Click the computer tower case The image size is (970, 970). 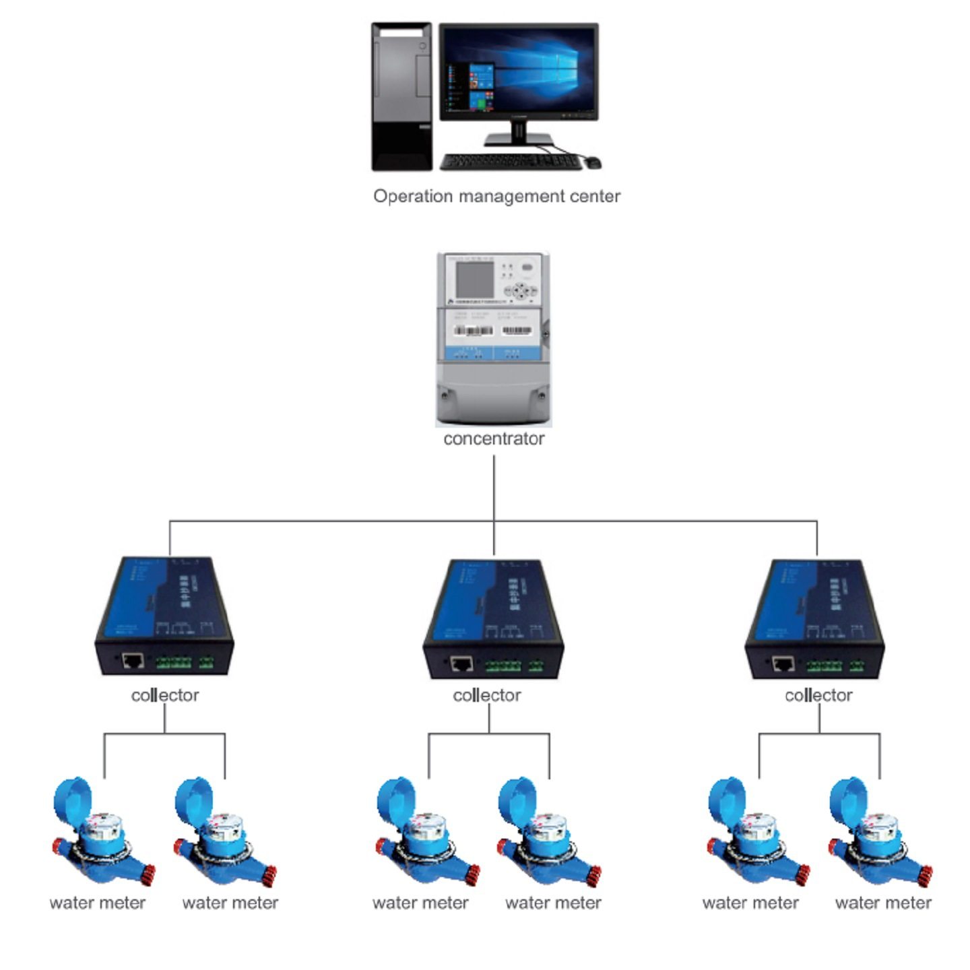401,96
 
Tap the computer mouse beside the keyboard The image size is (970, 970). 593,162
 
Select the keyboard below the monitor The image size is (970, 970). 510,162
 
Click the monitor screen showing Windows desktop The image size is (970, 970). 519,71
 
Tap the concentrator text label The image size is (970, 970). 494,439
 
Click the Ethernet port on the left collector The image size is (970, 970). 133,660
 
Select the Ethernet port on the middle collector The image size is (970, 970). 461,664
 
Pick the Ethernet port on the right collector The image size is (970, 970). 783,664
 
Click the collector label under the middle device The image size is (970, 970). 487,695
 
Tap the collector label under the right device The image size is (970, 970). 818,695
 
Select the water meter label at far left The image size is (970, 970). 98,903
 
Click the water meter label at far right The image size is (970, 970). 883,903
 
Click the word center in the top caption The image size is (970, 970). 597,197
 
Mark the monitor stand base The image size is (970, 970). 518,140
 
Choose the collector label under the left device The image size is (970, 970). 165,695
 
